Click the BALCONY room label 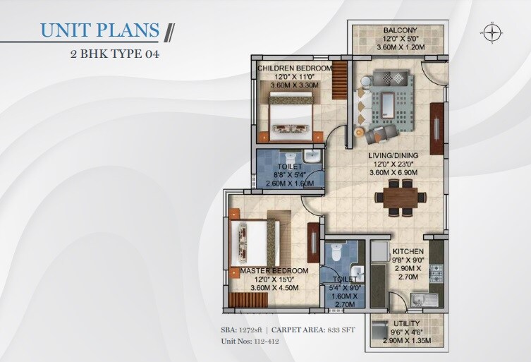pyautogui.click(x=398, y=30)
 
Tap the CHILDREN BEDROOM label pyautogui.click(x=294, y=68)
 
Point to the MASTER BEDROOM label pyautogui.click(x=274, y=271)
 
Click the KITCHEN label pyautogui.click(x=408, y=251)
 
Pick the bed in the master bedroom pyautogui.click(x=255, y=242)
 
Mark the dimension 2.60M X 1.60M pyautogui.click(x=290, y=183)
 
